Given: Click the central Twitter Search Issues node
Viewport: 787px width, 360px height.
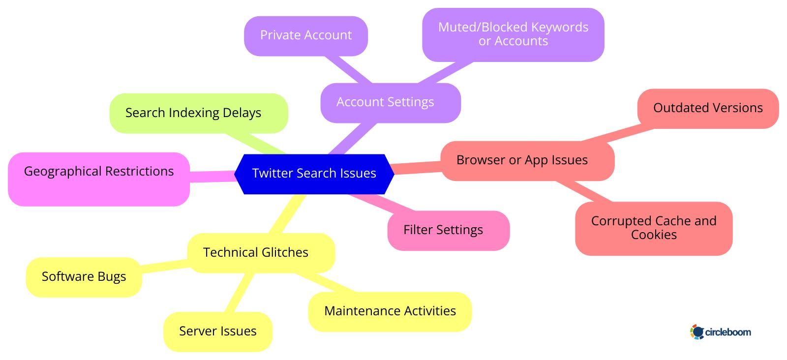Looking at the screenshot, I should click(314, 174).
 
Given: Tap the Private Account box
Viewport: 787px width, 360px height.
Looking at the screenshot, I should click(305, 35).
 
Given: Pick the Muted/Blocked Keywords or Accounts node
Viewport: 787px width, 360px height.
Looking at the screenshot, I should click(513, 34).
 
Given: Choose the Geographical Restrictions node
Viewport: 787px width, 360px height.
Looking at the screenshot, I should click(98, 179).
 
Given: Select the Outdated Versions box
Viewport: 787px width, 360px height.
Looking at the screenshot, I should click(707, 108).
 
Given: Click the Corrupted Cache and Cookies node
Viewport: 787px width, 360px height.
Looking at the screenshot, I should click(653, 228).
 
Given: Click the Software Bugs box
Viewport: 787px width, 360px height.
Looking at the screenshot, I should click(84, 277).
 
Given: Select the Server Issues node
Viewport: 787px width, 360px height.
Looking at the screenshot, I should click(217, 331).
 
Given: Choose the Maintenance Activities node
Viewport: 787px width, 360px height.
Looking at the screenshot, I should click(390, 311).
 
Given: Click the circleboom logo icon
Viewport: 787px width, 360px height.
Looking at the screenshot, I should click(697, 332).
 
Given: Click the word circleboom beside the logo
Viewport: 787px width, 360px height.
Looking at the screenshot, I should click(728, 332).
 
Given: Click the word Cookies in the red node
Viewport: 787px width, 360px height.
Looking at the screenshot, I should click(654, 235).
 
